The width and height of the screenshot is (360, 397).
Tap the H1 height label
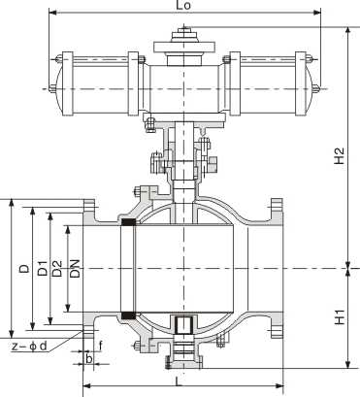click(x=338, y=316)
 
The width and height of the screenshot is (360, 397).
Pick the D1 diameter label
click(x=43, y=268)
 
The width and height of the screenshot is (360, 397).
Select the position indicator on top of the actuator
click(x=181, y=39)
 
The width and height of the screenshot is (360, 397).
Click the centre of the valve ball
click(x=181, y=270)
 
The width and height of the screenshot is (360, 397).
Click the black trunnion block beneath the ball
click(x=181, y=324)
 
